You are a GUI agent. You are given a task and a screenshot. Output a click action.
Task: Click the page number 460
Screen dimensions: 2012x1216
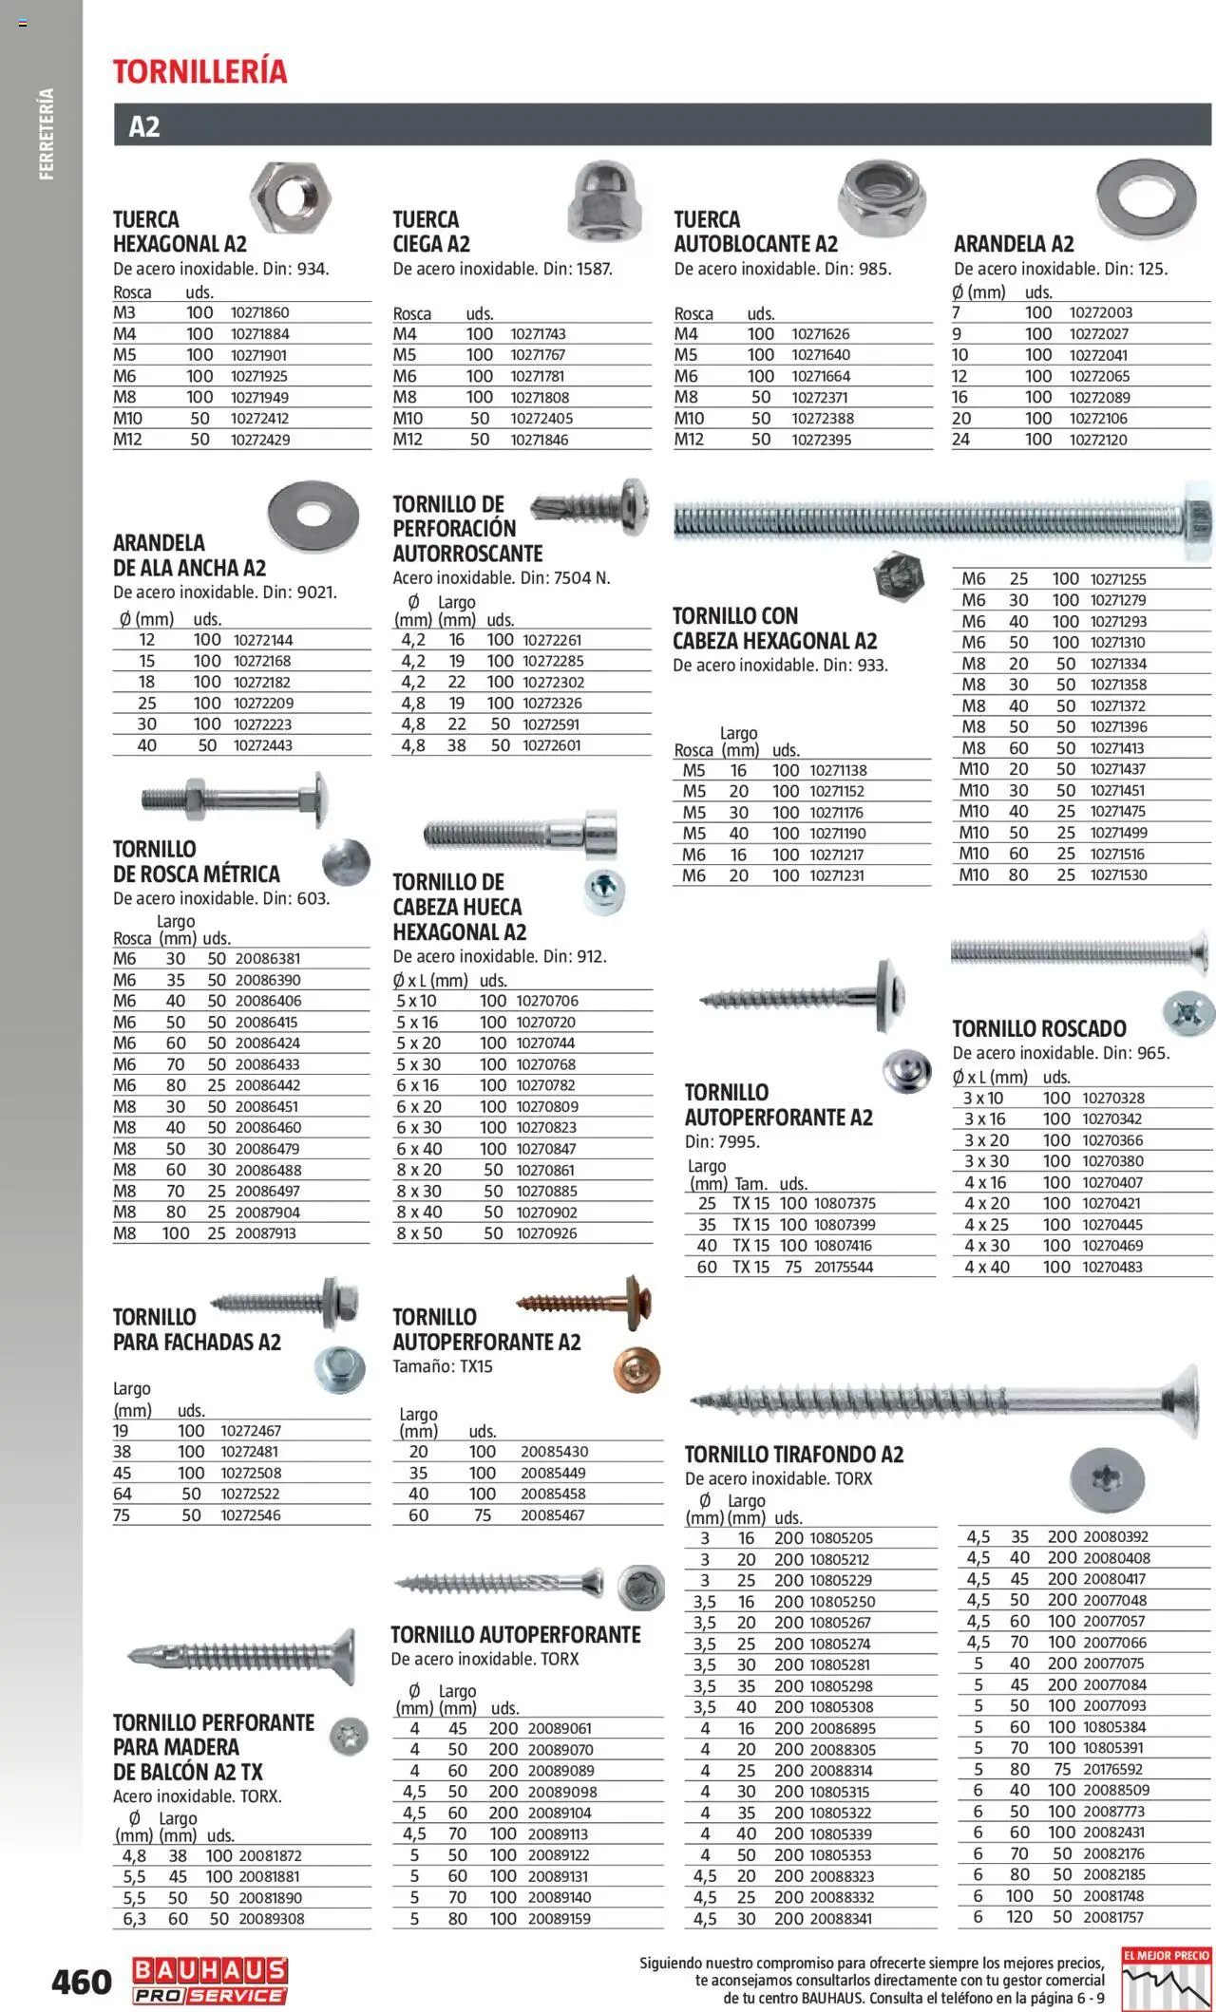82,1982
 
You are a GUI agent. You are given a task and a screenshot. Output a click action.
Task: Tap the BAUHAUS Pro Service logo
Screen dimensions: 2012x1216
210,1981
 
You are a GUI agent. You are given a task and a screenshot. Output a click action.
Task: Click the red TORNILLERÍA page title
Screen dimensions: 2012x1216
199,72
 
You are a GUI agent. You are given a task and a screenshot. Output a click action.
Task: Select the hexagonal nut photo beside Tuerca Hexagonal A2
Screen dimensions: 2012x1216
291,197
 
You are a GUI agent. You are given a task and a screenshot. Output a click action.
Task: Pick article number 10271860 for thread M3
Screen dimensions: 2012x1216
259,312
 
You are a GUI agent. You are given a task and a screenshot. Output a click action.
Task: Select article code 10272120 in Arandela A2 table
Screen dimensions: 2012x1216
1098,440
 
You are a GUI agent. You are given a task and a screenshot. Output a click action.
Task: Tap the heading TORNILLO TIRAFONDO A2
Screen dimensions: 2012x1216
794,1454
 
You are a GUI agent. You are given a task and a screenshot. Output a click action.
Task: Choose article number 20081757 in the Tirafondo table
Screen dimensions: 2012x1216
1113,1917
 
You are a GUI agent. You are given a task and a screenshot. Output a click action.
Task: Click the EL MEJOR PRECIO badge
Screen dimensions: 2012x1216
1166,1980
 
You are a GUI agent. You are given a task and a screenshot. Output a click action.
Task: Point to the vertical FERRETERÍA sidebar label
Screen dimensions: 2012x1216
47,134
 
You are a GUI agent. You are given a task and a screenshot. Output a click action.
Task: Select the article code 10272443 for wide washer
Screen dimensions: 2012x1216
263,745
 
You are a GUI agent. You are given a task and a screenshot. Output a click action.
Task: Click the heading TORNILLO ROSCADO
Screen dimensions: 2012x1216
1039,1028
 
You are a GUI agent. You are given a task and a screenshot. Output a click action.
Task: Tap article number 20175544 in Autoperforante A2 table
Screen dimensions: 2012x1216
843,1267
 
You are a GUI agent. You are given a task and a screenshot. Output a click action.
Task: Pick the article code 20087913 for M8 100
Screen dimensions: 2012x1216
265,1233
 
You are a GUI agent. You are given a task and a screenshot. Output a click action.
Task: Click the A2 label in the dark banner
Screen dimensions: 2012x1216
144,126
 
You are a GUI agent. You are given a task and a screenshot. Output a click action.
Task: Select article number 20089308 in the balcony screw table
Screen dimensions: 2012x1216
271,1919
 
